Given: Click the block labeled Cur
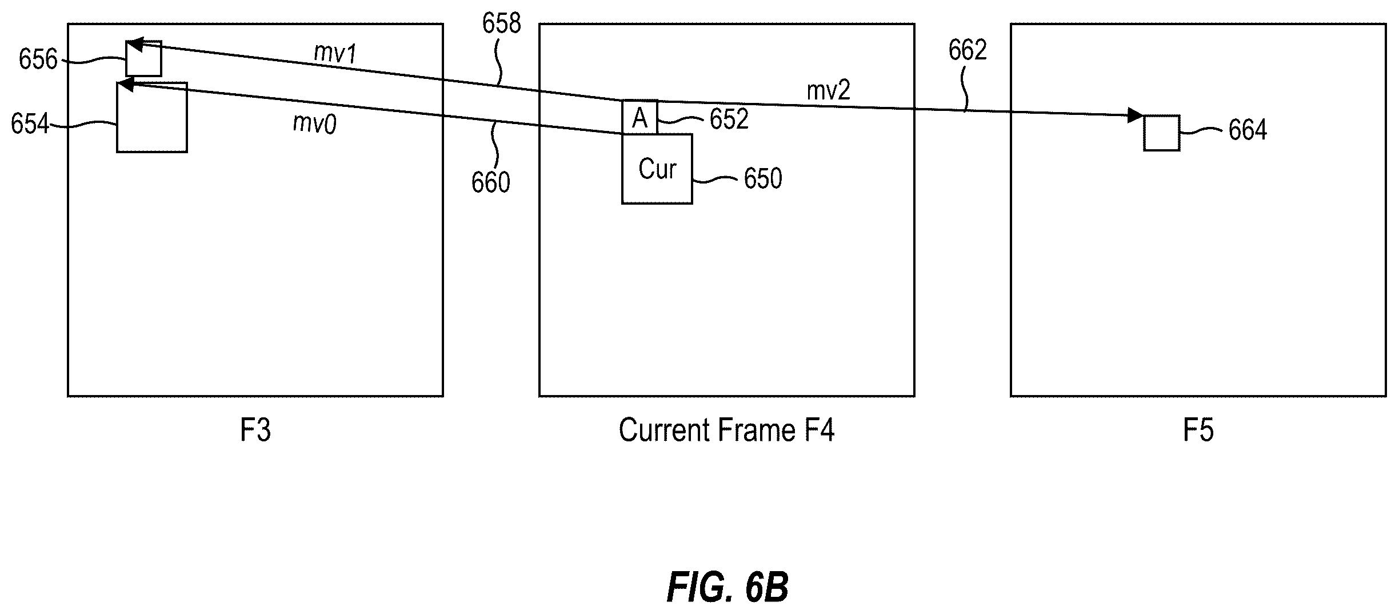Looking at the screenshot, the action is tap(657, 169).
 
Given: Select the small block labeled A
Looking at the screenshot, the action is tap(639, 118).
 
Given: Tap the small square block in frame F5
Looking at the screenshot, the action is tap(1161, 133).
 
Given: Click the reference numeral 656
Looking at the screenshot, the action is tap(38, 59).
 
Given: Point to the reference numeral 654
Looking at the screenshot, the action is tap(30, 123).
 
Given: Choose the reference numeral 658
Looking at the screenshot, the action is tap(501, 24).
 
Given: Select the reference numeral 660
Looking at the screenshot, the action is tap(490, 182).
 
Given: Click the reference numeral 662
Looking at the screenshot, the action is tap(967, 50).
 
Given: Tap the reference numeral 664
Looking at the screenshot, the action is tap(1248, 130).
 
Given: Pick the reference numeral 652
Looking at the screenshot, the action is tap(729, 119).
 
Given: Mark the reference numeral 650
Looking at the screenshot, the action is tap(762, 178).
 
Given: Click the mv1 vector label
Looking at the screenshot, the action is tap(335, 53).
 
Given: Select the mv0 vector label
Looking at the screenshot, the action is tap(314, 123).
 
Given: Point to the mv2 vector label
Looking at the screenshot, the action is tap(828, 90).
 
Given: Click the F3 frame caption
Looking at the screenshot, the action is tap(255, 430).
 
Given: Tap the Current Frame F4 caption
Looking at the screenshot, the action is tap(726, 430).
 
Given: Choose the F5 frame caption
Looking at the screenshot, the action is tap(1198, 430).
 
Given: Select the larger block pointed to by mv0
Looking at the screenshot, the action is tap(152, 117).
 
